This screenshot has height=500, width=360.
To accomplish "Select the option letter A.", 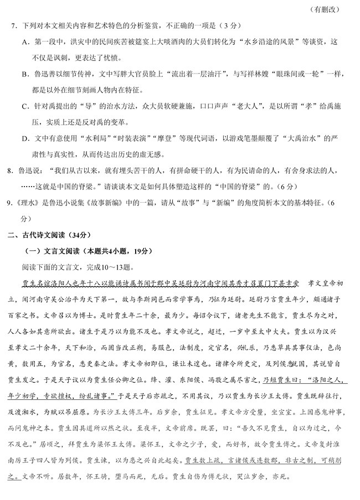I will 25,42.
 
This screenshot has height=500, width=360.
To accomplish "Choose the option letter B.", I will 25,74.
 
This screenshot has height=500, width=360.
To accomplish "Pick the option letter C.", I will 25,106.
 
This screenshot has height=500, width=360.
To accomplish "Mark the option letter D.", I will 25,138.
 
